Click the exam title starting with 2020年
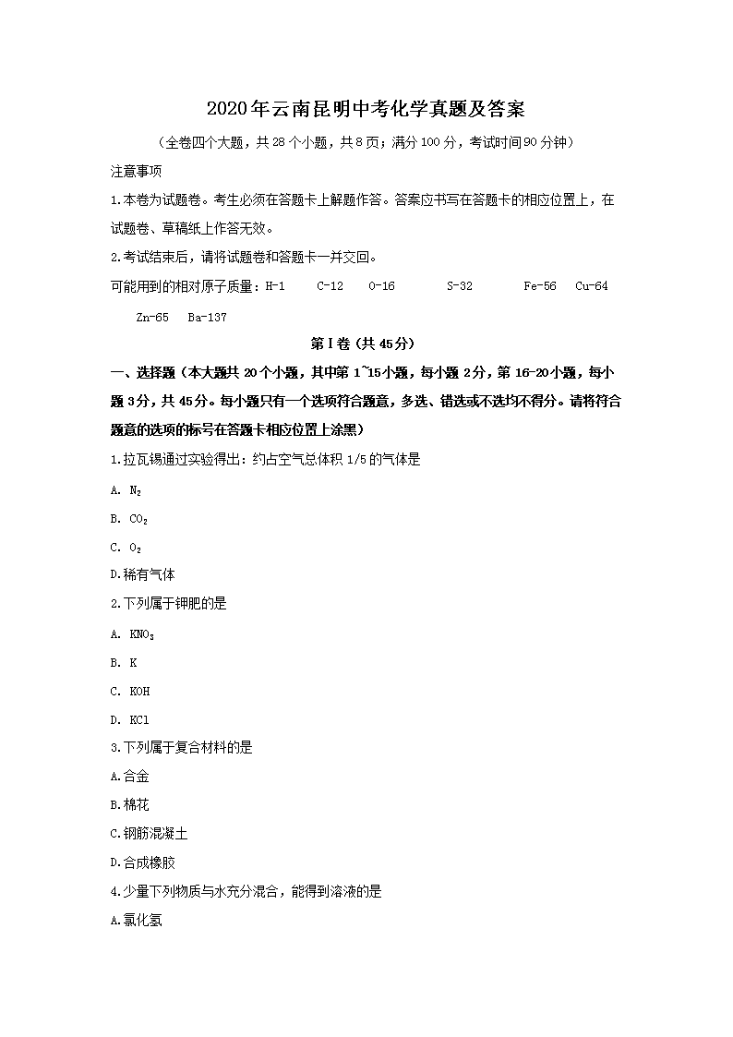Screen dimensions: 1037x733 click(366, 109)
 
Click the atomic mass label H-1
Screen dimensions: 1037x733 click(275, 286)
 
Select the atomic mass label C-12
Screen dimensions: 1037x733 click(330, 286)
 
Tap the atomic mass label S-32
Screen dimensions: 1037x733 click(459, 286)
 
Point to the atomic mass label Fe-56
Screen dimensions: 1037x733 click(539, 286)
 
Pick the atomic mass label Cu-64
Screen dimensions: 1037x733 click(591, 286)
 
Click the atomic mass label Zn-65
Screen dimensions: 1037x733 click(151, 317)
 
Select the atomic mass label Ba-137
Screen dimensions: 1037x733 click(207, 317)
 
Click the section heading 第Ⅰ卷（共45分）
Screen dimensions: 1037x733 click(366, 344)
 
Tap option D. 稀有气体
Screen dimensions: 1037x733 click(142, 574)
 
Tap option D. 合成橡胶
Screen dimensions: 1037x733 click(142, 862)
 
